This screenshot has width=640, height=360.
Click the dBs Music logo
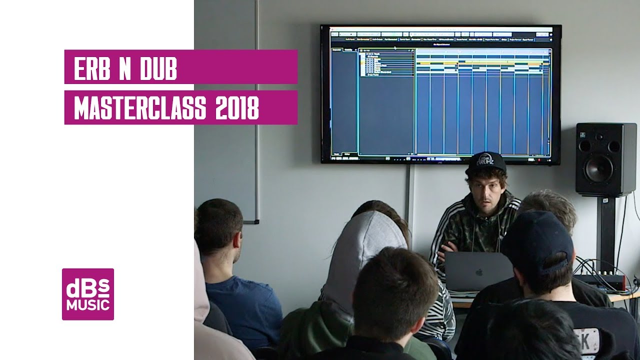tap(88, 294)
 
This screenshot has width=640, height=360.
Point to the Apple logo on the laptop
tap(479, 272)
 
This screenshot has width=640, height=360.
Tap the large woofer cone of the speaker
tap(599, 168)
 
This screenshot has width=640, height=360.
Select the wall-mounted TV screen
tap(440, 94)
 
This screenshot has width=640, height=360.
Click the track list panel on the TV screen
tap(386, 62)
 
